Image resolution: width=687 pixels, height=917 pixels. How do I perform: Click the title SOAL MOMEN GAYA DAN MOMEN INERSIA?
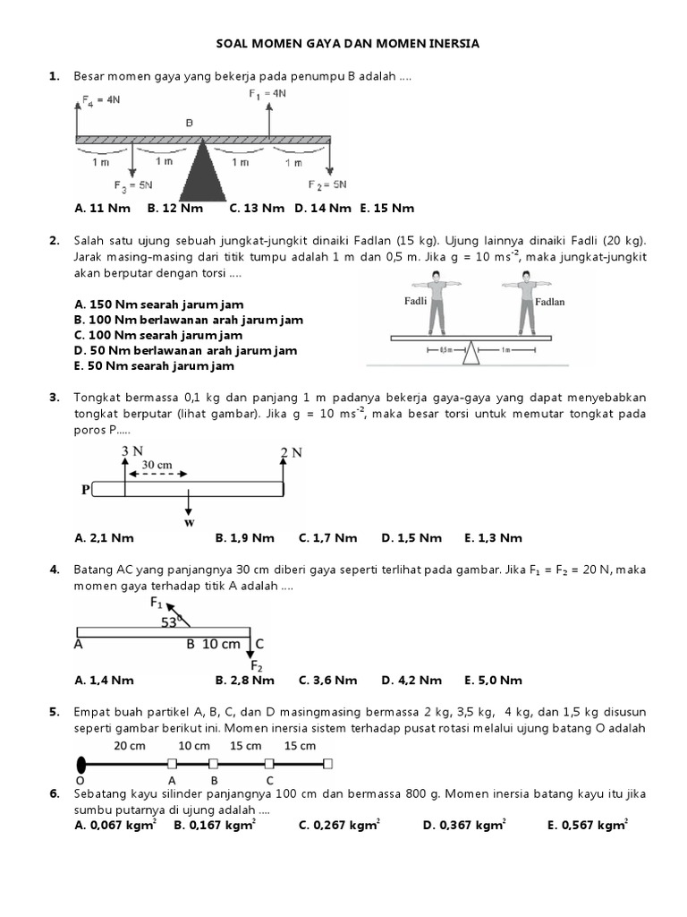click(348, 42)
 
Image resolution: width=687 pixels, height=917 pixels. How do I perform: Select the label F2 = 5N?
click(327, 185)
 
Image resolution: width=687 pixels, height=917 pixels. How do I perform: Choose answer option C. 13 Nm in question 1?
click(257, 208)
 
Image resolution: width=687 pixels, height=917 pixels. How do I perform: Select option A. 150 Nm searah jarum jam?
click(159, 304)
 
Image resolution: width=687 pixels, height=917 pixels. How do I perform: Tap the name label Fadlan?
click(549, 303)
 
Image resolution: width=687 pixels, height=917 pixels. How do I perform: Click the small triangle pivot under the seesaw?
click(471, 355)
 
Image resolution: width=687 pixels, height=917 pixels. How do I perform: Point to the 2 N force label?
click(293, 453)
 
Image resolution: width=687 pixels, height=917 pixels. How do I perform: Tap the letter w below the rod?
click(189, 521)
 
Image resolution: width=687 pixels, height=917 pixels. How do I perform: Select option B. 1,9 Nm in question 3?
click(244, 538)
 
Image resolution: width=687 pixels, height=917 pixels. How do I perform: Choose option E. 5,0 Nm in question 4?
click(493, 680)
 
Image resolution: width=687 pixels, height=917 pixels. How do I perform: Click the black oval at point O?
click(81, 764)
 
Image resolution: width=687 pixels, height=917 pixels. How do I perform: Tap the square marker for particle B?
click(213, 764)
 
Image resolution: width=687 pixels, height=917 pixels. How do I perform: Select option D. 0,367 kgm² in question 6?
click(464, 826)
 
